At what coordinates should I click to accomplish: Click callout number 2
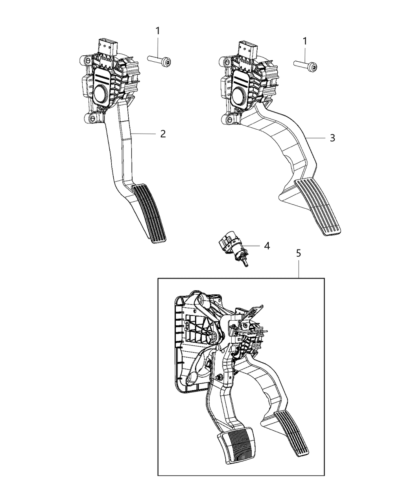tap(163, 134)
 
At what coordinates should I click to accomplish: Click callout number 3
tap(332, 138)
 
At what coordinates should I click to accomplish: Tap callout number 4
tap(267, 246)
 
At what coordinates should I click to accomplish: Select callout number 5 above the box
tap(299, 253)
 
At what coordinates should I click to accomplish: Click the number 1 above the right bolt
tap(305, 40)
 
